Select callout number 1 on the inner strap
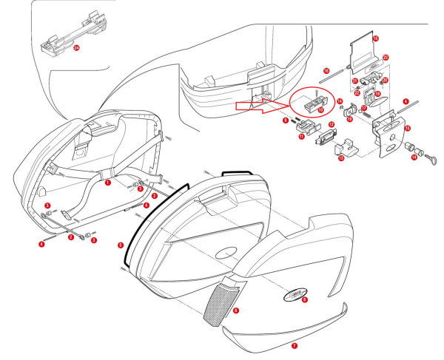tap(108, 180)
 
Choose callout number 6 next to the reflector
tap(235, 311)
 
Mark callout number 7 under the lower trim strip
tap(295, 344)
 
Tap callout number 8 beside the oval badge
tap(304, 300)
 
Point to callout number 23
tap(386, 57)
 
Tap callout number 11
tap(301, 136)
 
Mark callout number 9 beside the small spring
tap(284, 120)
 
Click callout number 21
tap(355, 81)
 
